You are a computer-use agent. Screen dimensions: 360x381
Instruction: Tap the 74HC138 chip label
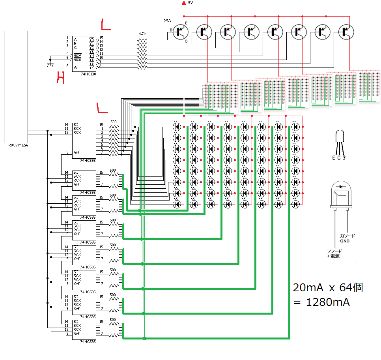[x=88, y=74]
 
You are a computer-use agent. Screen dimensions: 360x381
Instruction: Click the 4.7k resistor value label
[x=142, y=34]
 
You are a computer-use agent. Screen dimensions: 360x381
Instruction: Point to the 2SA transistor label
[x=167, y=20]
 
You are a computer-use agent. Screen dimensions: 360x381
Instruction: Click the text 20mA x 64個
[x=327, y=287]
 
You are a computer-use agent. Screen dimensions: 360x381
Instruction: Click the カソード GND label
[x=347, y=238]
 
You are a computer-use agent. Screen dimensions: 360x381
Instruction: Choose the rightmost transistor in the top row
[x=346, y=32]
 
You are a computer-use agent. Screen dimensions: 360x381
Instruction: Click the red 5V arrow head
[x=184, y=3]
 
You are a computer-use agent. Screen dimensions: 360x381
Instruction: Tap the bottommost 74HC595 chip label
[x=88, y=341]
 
